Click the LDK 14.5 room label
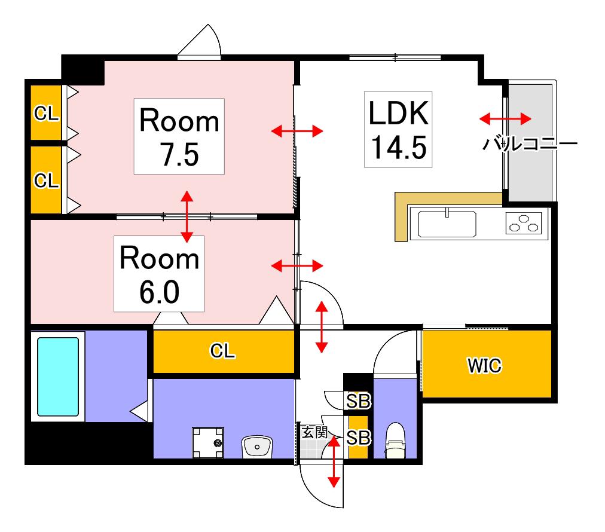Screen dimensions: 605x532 click(x=398, y=130)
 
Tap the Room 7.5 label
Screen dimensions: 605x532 click(x=179, y=136)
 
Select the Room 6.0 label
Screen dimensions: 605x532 click(x=159, y=274)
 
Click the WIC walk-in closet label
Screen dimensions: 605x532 click(x=485, y=365)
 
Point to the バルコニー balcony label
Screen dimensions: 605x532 click(x=530, y=144)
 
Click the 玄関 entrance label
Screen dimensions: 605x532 click(x=314, y=432)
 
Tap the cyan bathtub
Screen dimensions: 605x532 click(x=58, y=377)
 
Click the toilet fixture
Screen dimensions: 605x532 click(x=395, y=440)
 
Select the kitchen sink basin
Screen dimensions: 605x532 click(x=447, y=224)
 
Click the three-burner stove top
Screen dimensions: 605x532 click(x=524, y=224)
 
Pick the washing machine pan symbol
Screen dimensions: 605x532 click(x=208, y=442)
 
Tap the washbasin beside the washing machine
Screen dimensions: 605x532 click(x=257, y=447)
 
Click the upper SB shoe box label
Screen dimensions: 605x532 click(x=358, y=401)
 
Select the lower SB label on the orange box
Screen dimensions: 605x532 click(x=358, y=438)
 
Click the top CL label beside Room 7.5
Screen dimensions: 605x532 click(x=46, y=114)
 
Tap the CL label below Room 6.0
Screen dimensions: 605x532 click(x=222, y=351)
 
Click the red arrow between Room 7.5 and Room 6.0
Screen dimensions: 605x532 click(x=187, y=216)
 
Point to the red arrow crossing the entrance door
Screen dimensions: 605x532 click(x=334, y=462)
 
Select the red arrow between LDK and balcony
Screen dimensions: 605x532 click(x=505, y=118)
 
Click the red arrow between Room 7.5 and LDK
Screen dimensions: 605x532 click(x=297, y=131)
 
